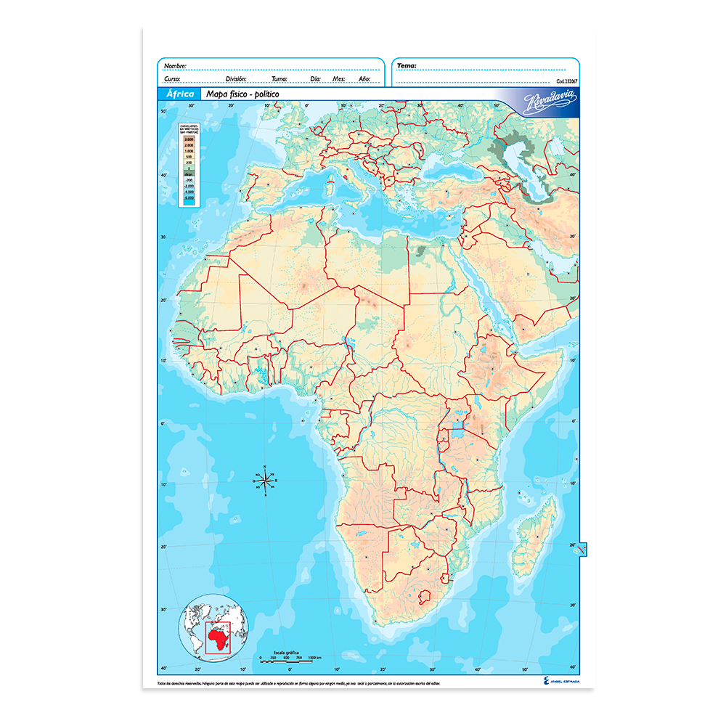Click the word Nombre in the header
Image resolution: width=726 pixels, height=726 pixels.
click(175, 66)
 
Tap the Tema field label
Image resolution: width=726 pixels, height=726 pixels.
click(407, 66)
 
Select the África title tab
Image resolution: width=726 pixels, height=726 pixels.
click(179, 94)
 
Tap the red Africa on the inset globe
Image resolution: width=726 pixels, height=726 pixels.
click(217, 637)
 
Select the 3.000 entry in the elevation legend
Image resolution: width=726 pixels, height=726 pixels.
click(189, 139)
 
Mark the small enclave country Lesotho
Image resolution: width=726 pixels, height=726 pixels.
click(423, 597)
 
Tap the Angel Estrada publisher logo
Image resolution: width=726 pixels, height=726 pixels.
click(559, 682)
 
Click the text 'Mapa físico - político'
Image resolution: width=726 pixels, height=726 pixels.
click(242, 94)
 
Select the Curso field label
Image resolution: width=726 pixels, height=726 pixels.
click(173, 78)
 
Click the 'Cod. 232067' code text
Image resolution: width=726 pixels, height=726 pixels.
click(569, 81)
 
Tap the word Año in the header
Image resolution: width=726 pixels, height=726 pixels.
click(364, 78)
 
